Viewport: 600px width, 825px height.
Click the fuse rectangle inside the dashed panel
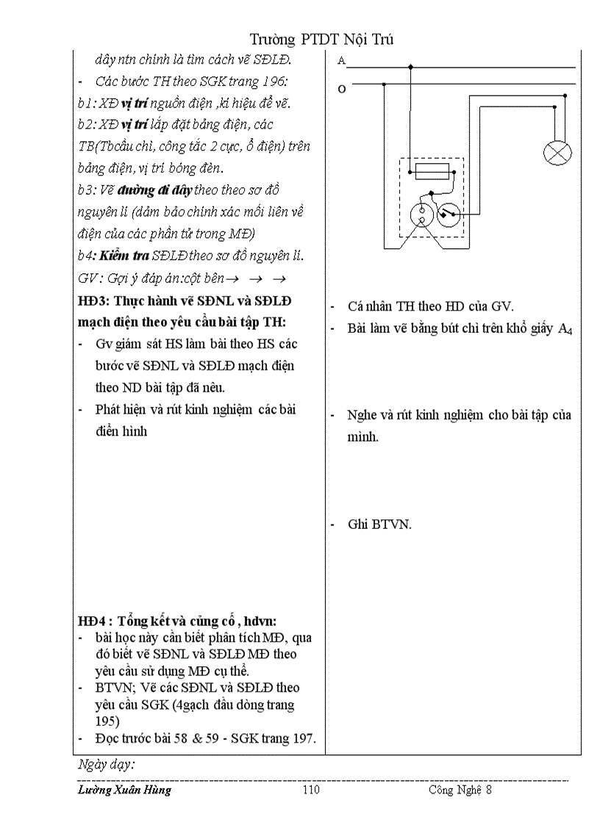click(432, 172)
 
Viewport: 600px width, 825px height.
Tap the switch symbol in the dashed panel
click(449, 215)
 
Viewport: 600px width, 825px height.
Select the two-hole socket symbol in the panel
click(421, 215)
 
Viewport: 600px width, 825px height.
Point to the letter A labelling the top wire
click(341, 62)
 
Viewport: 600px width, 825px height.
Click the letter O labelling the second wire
click(341, 89)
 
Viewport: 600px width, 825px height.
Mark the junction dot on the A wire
click(410, 68)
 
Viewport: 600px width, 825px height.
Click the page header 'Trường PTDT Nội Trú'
click(321, 39)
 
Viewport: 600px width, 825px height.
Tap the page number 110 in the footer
click(312, 790)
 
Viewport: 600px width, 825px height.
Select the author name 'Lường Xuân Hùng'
click(124, 790)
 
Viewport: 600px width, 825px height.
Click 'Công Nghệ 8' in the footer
click(460, 790)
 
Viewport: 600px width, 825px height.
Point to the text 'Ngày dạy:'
click(106, 764)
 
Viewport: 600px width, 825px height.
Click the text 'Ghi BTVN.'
click(379, 525)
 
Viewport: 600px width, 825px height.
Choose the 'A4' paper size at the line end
click(564, 330)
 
